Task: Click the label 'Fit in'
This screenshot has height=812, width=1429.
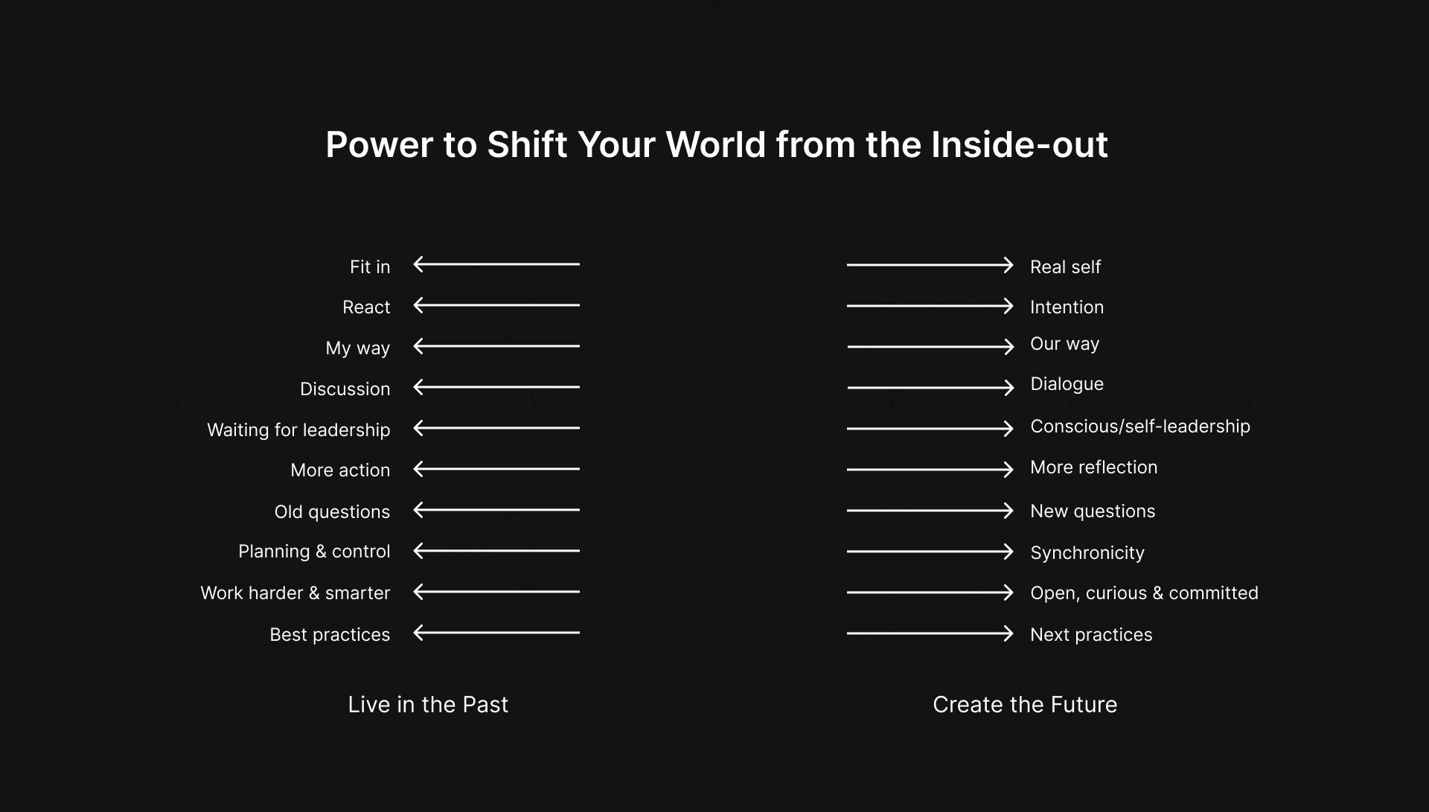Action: pos(370,266)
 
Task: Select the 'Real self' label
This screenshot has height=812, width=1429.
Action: pos(1065,266)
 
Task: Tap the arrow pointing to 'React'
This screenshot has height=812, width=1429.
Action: pos(496,305)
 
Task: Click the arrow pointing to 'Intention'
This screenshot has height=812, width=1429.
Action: pos(930,306)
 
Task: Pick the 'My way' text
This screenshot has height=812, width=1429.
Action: pos(357,348)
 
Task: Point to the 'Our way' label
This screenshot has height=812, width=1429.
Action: pos(1064,344)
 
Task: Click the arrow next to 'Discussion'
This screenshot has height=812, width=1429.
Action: pos(496,387)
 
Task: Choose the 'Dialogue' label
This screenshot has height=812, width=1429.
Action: pos(1067,384)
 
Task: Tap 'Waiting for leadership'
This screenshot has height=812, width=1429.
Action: pos(298,430)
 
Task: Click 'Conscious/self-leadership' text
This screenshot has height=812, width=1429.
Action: pos(1139,426)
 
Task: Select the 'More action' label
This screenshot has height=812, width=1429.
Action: pos(340,470)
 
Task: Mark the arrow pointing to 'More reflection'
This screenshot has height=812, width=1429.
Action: pos(930,470)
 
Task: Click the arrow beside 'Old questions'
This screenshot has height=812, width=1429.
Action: pos(496,510)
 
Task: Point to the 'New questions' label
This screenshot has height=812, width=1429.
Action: pos(1093,511)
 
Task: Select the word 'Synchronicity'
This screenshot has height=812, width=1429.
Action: pos(1087,553)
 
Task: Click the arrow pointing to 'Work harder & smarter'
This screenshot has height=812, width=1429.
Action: pos(496,592)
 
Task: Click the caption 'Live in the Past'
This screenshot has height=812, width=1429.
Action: pos(428,704)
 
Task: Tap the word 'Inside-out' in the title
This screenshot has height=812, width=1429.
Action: pos(1019,144)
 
